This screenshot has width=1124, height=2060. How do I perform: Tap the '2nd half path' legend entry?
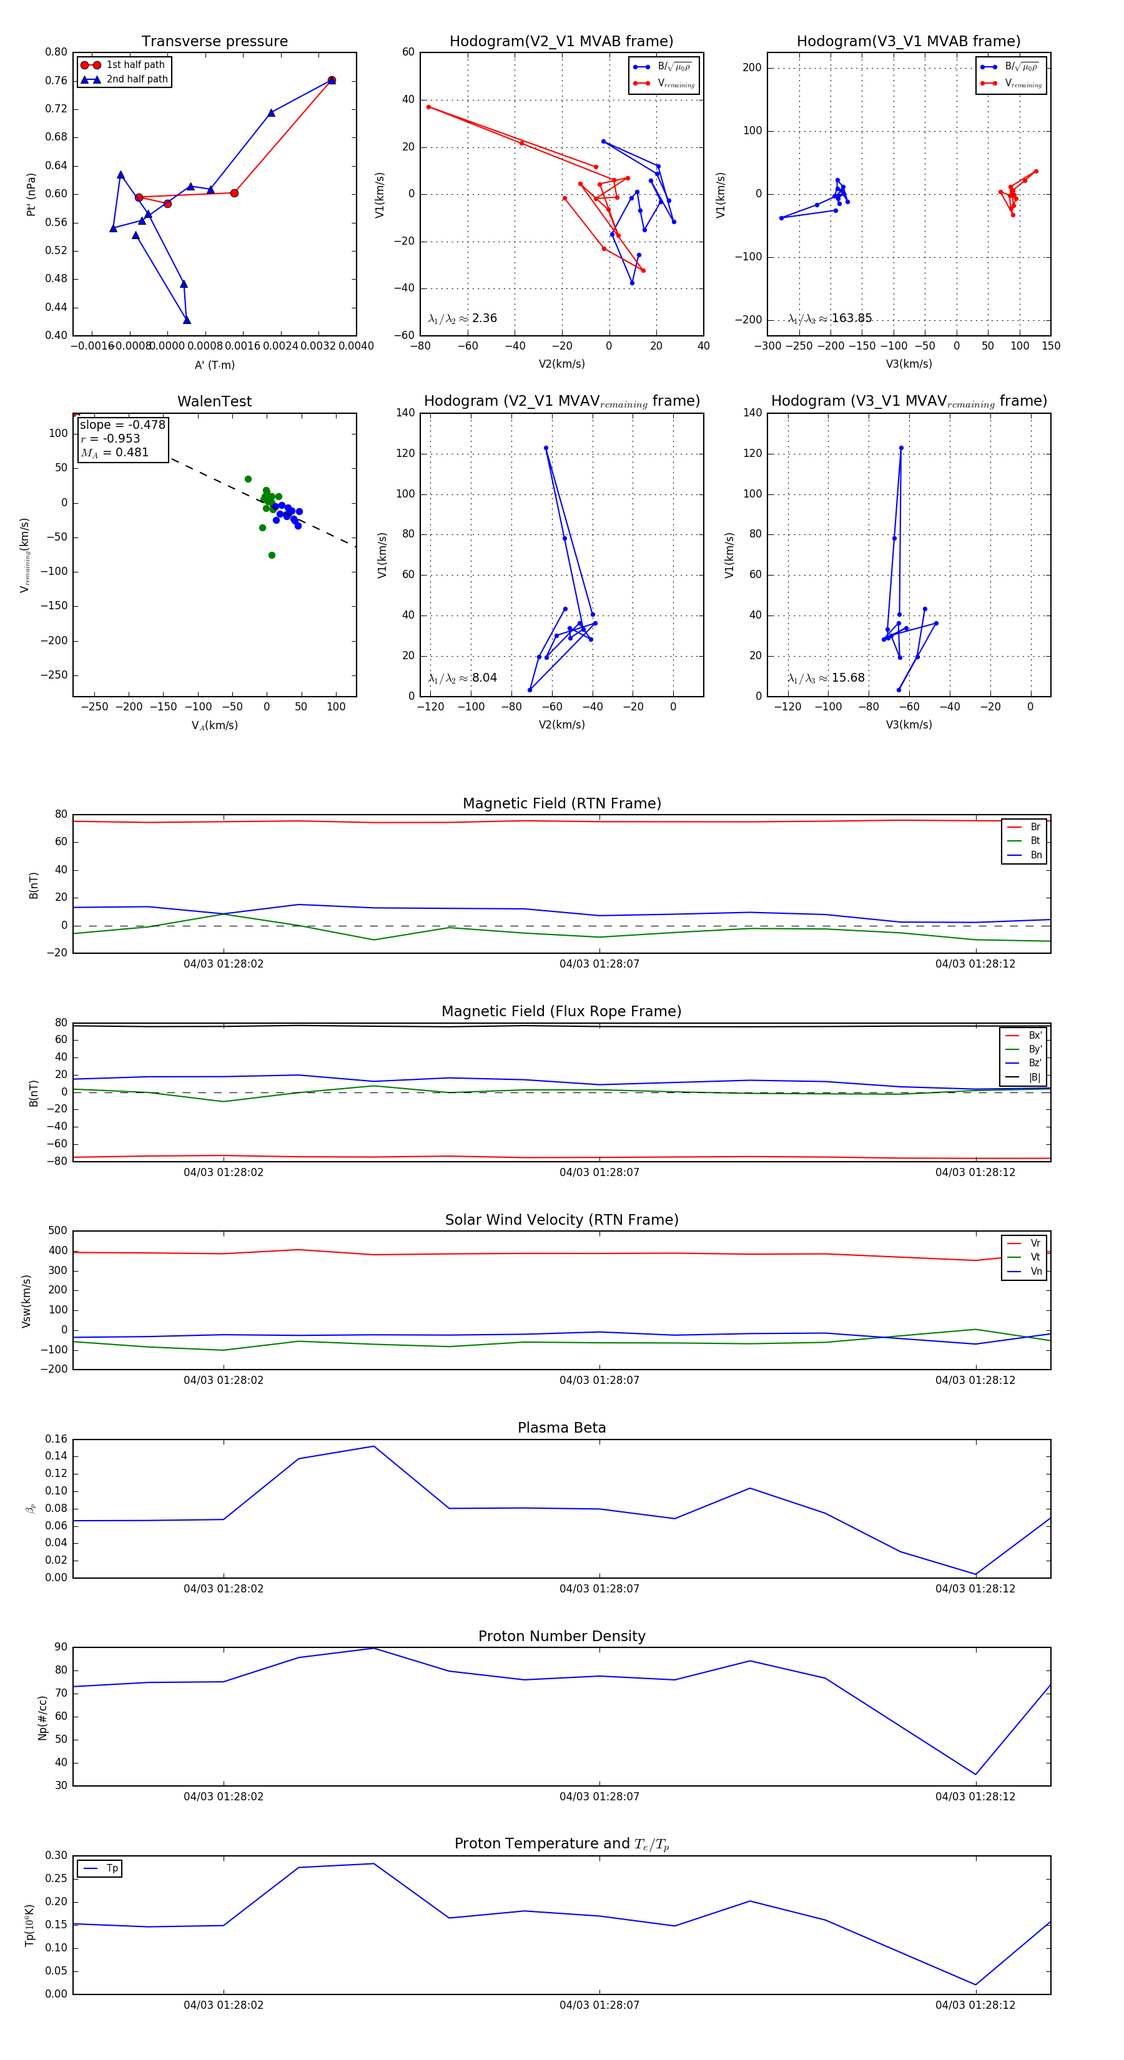coord(137,79)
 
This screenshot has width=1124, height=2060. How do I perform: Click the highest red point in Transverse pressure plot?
coord(332,80)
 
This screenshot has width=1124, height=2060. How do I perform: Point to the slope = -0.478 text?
coord(122,424)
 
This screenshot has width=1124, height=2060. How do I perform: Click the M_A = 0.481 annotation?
coord(114,453)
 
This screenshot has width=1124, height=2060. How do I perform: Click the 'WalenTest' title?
coord(214,401)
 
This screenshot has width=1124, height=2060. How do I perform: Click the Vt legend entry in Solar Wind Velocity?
coord(1035,1257)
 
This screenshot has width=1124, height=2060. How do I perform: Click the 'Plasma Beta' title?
coord(561,1428)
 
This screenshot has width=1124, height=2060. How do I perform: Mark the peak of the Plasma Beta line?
coord(373,1446)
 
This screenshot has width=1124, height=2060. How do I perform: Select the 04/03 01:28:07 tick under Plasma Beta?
coord(599,1589)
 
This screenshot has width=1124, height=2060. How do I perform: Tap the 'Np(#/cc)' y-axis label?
coord(43,1718)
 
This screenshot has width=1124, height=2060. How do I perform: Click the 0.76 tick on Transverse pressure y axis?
coord(56,81)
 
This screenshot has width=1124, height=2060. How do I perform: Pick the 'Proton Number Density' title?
coord(561,1636)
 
